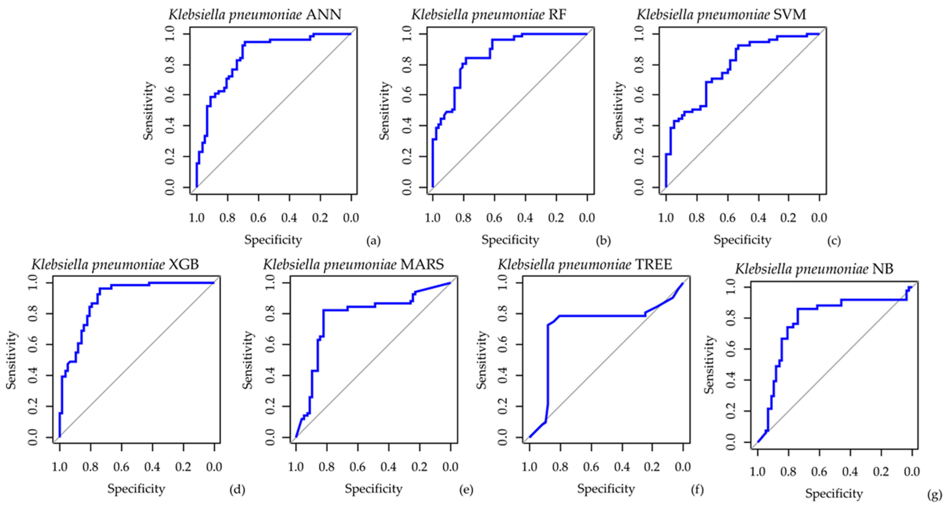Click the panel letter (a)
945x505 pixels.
tap(373, 241)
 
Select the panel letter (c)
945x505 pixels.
tap(833, 241)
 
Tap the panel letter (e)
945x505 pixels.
tap(466, 490)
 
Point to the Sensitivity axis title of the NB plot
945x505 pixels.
tap(710, 365)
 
